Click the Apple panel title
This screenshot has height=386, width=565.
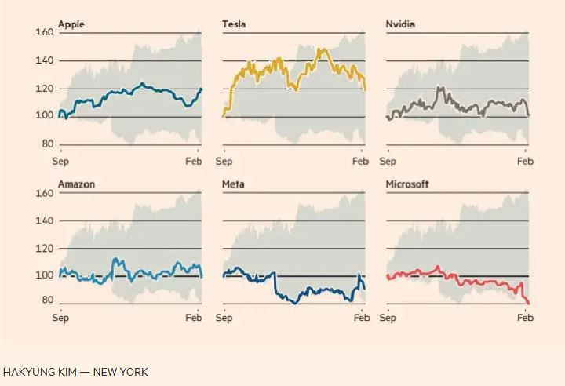(71, 24)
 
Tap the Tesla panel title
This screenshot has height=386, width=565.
(234, 24)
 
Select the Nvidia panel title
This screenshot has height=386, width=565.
(400, 24)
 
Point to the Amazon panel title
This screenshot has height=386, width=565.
(76, 184)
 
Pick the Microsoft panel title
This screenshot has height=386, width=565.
(407, 184)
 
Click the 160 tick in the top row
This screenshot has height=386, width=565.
(44, 32)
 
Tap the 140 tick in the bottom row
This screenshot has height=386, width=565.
(44, 221)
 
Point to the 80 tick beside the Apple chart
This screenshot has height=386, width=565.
(47, 144)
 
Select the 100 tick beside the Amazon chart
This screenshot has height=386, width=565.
(44, 275)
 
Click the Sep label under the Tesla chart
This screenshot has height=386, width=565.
(224, 161)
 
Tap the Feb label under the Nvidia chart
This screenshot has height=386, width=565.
(525, 161)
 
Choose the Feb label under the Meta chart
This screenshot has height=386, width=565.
(362, 318)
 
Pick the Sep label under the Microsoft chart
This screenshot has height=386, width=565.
(388, 318)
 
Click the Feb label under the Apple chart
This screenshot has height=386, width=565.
(193, 161)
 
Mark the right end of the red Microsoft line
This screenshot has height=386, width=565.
(528, 303)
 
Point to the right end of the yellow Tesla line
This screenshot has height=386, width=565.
(365, 89)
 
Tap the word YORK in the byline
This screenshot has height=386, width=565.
(134, 372)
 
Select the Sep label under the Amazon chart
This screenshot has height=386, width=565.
(60, 318)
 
